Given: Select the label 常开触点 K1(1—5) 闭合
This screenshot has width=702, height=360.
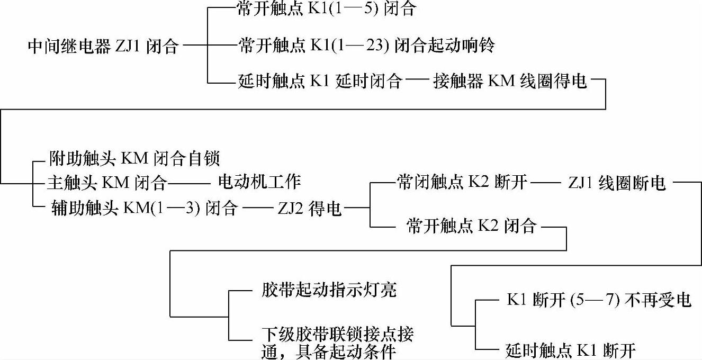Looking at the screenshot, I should pos(326,11).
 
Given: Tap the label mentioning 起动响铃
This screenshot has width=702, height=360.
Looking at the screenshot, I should pos(366,47).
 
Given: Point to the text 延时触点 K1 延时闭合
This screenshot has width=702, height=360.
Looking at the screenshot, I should pos(319,83).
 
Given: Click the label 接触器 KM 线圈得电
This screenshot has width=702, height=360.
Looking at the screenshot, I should pos(510,83).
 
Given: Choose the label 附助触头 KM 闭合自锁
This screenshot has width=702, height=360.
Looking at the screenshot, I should pos(134,158).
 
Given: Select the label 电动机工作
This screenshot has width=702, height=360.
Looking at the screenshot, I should pos(259,182).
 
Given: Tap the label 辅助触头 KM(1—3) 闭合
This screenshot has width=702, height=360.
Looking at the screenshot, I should pos(144,209).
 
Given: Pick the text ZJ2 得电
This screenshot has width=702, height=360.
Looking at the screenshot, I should pos(310,209).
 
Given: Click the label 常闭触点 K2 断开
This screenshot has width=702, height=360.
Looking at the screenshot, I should pos(462,183).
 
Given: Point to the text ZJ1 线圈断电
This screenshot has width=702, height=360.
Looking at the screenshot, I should pos(617,183).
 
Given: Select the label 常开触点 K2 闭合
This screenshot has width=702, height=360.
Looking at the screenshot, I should pos(471,227).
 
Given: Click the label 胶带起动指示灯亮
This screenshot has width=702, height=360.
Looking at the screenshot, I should pos(329,291).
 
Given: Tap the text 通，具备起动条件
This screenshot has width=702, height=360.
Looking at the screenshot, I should pos(329,352).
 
